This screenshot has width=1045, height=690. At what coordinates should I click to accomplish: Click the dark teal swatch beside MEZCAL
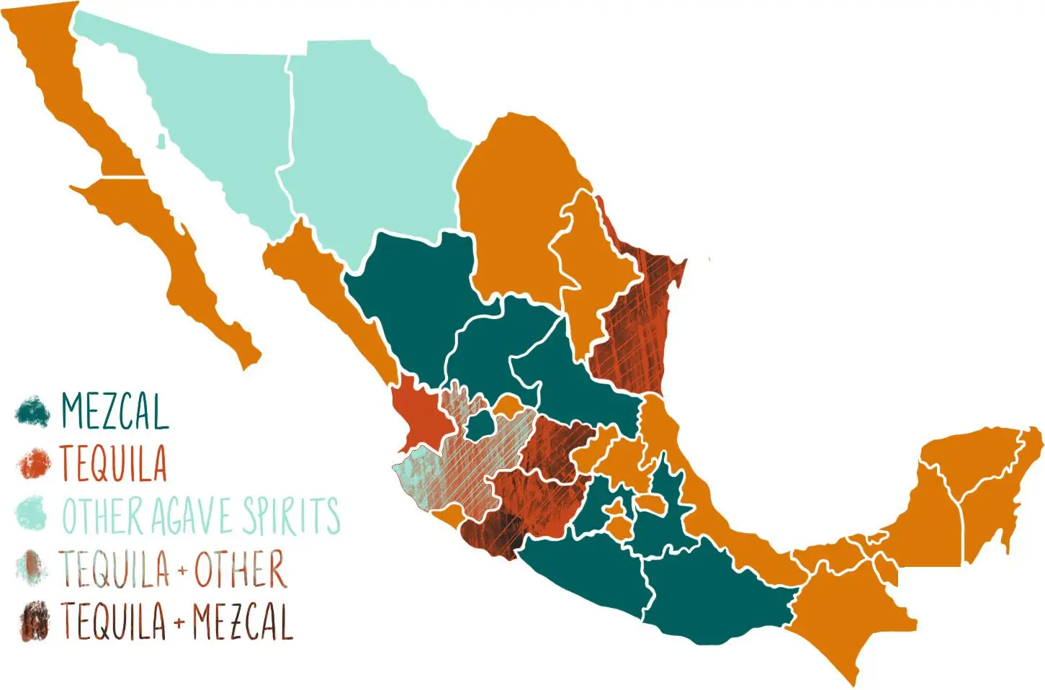click(x=32, y=411)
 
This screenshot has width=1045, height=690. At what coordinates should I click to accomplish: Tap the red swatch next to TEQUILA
click(x=33, y=462)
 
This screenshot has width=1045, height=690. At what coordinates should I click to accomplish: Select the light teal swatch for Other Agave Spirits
click(x=32, y=514)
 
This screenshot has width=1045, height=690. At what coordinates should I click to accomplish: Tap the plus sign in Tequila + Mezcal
click(x=179, y=622)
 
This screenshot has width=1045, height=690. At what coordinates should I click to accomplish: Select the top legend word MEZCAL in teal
click(x=115, y=411)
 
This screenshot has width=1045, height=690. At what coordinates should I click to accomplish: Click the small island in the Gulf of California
click(x=161, y=140)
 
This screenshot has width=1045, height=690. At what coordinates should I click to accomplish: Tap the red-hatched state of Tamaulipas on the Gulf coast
click(x=637, y=324)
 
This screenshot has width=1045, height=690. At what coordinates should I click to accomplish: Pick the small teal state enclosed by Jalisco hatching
click(x=478, y=425)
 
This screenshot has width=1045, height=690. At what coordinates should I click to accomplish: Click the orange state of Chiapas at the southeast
click(x=850, y=612)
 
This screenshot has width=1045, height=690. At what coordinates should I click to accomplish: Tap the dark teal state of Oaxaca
click(x=713, y=591)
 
